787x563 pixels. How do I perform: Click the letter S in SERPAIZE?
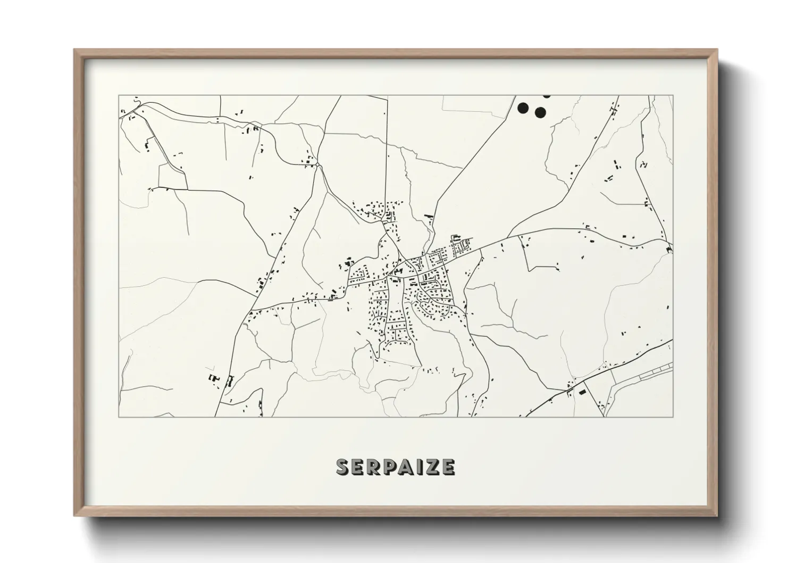coord(344,467)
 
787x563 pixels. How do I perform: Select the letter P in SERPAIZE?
coord(388,467)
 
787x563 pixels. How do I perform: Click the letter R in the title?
coord(373,467)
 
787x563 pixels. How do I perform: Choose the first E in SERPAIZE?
coord(358,467)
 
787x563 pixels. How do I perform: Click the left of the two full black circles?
coord(523,108)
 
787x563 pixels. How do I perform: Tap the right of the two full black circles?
coord(540,112)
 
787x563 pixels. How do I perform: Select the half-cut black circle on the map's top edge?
coord(546,96)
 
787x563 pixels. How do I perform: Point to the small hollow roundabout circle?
coord(317,165)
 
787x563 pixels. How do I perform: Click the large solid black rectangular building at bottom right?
coord(582,392)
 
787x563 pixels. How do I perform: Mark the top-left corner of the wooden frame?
coord(74,50)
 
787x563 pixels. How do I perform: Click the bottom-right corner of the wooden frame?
coord(717,516)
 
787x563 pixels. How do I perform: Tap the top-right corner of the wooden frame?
coord(717,50)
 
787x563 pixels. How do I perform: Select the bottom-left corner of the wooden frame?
coord(74,516)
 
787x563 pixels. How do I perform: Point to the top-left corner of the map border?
coord(119,96)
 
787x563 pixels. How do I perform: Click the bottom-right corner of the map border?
coord(673,417)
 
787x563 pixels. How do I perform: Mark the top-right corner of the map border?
coord(673,96)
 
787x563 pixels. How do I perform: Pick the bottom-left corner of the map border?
coord(119,417)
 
